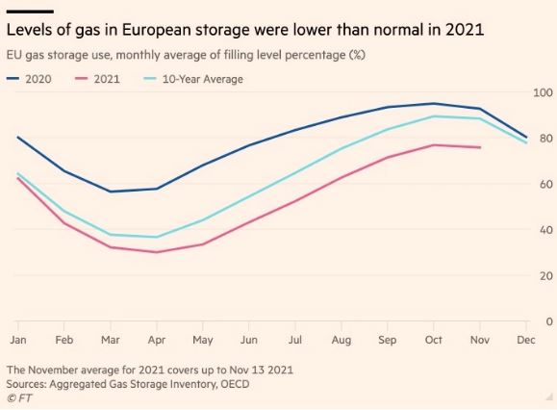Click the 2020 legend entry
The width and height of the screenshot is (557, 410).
(x=29, y=79)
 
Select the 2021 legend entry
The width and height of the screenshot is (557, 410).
(x=97, y=79)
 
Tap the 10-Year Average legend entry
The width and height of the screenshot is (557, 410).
(x=193, y=79)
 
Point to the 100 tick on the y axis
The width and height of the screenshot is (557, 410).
(x=544, y=92)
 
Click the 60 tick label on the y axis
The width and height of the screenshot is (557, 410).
(x=546, y=184)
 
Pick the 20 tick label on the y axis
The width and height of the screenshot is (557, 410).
(x=546, y=275)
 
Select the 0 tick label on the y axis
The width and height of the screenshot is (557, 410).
(x=549, y=321)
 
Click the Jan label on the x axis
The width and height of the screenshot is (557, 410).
(x=18, y=340)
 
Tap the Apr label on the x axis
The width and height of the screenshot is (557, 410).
(x=157, y=340)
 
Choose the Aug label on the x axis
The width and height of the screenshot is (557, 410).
(x=342, y=340)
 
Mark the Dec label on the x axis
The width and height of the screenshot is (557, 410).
(x=526, y=340)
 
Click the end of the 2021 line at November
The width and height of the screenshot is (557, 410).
(x=480, y=147)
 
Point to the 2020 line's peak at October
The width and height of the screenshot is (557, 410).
(x=434, y=103)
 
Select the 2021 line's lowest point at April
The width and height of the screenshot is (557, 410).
(x=157, y=252)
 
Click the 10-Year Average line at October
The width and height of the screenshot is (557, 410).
(x=434, y=116)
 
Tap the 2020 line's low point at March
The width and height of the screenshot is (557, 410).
(x=111, y=192)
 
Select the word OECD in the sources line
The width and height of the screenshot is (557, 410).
(x=235, y=384)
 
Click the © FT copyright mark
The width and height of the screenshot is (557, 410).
(x=19, y=398)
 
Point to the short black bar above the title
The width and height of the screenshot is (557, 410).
(x=30, y=12)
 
